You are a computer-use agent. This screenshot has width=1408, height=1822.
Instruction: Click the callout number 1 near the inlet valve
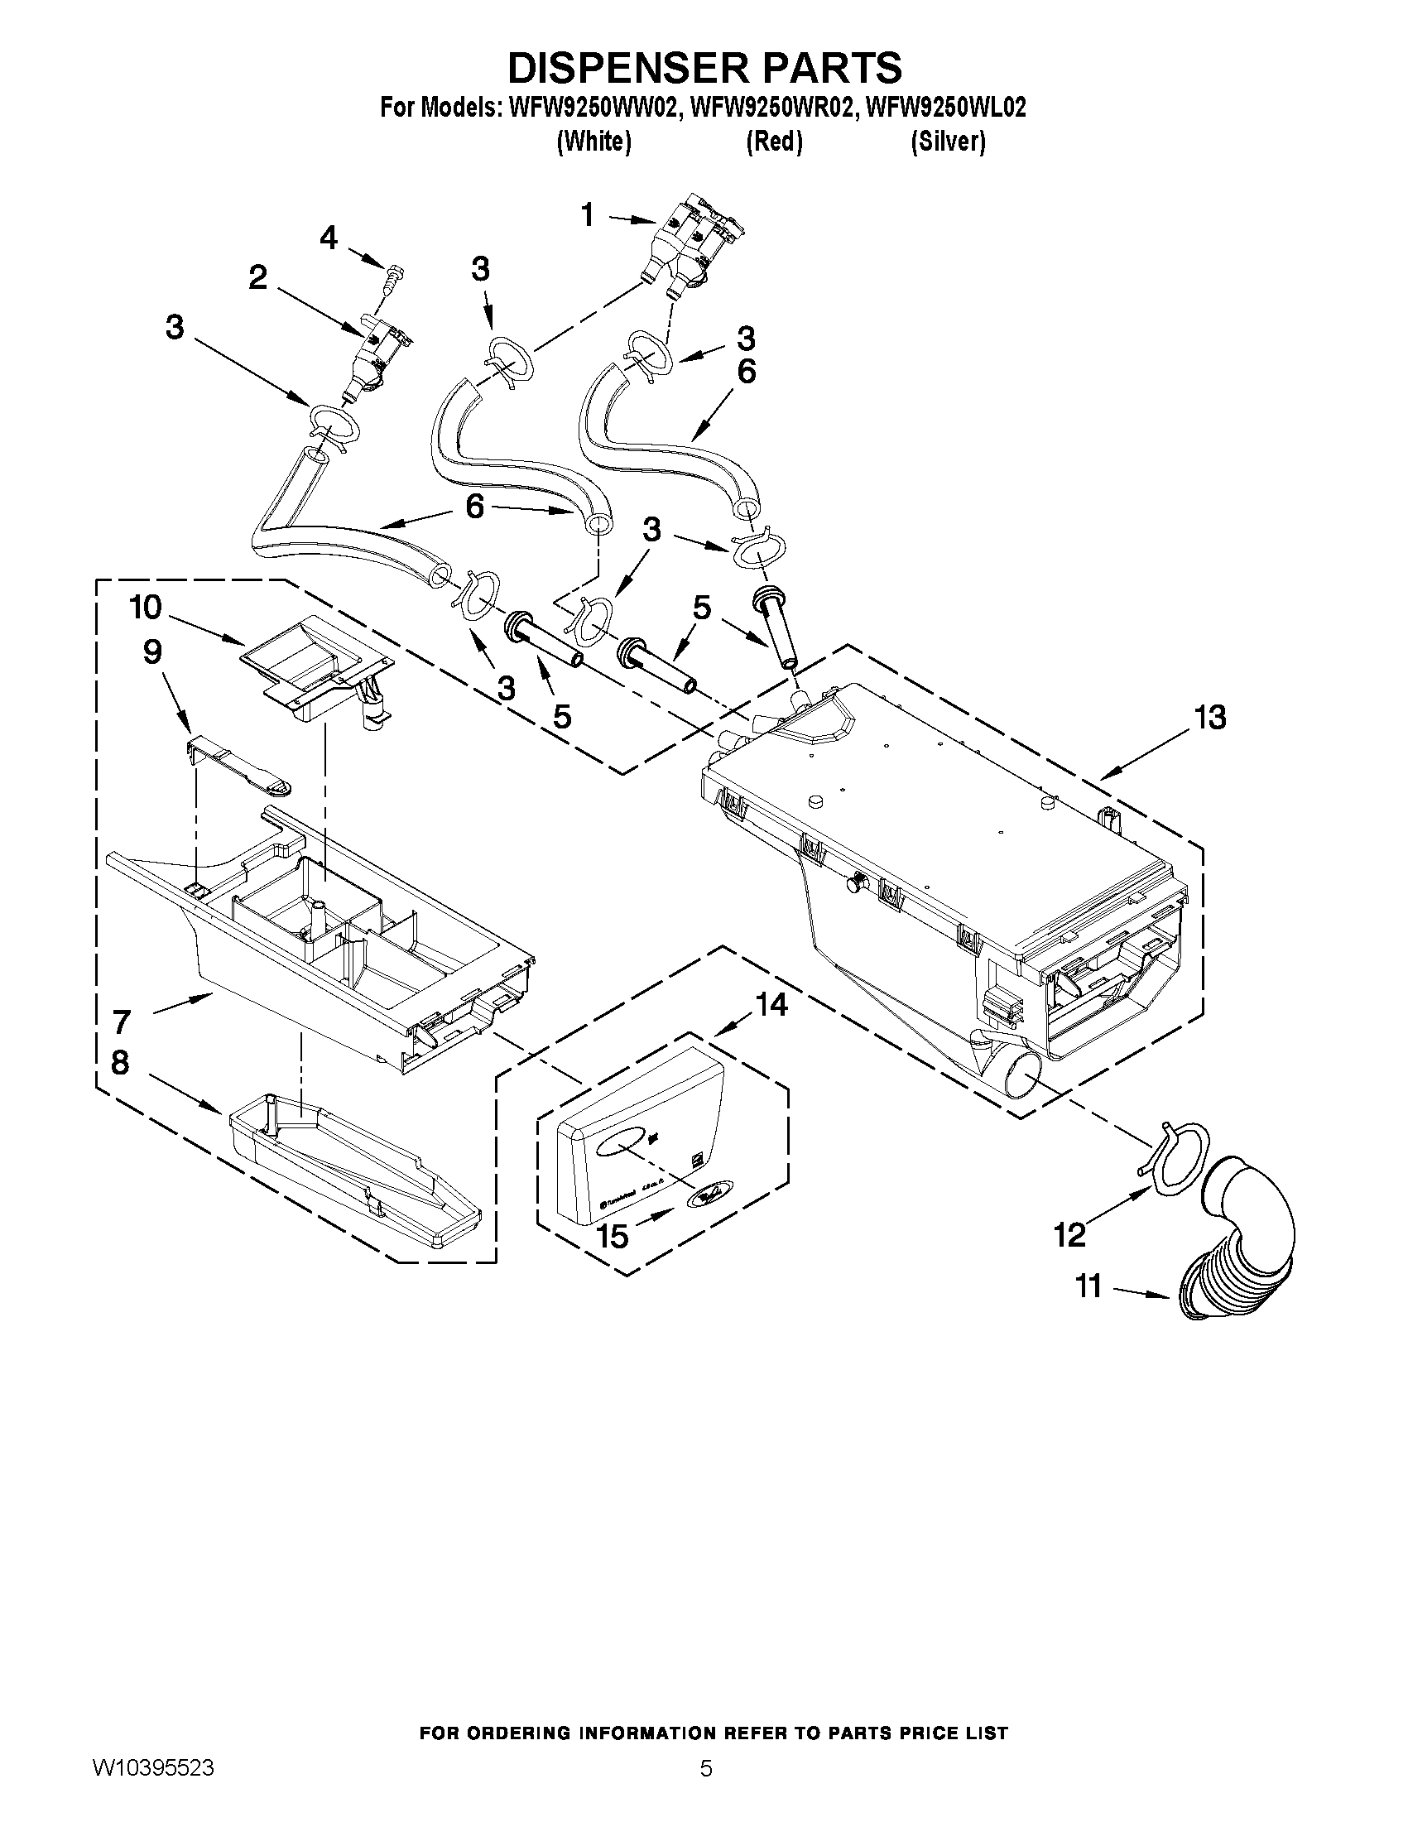coord(587,215)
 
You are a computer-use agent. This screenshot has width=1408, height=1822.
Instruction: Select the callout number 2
coord(257,278)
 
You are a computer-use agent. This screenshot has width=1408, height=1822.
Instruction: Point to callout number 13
coord(1209,718)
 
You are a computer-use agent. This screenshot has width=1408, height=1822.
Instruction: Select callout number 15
coord(613,1237)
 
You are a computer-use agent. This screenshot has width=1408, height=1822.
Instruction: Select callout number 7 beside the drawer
coord(122,1022)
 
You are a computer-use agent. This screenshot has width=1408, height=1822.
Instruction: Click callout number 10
coord(145,608)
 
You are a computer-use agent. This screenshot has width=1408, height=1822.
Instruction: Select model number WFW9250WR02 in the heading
coord(772,108)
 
